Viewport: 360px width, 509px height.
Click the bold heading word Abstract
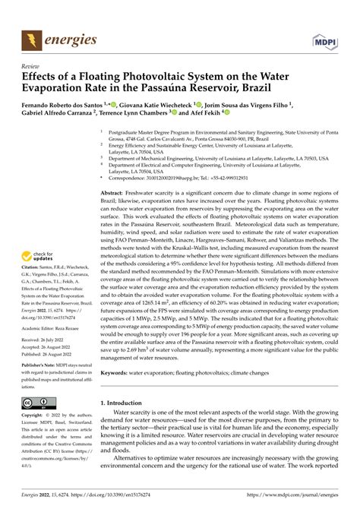pyautogui.click(x=115, y=194)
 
